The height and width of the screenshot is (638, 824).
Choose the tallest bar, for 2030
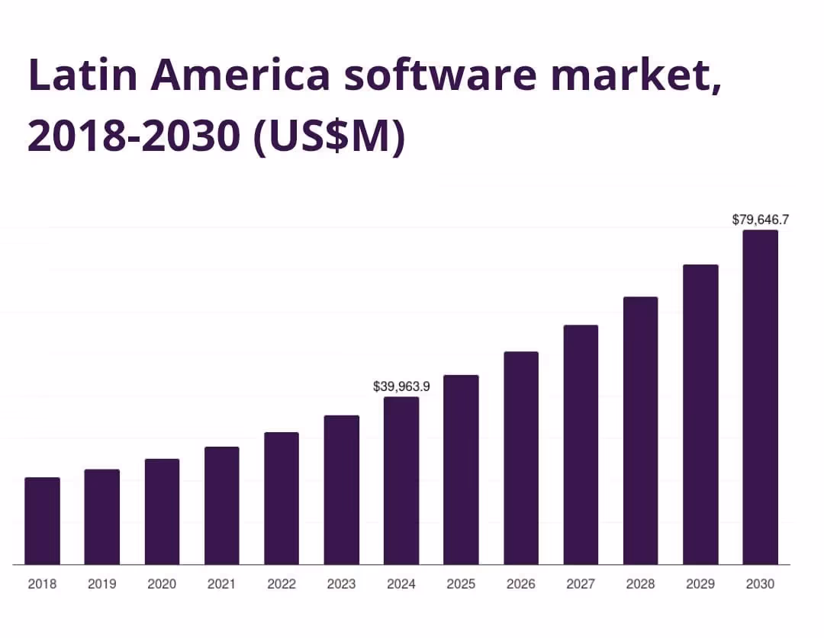(761, 397)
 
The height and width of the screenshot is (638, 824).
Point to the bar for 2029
(700, 415)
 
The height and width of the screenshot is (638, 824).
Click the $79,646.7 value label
(760, 220)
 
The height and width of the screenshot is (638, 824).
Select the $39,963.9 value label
(401, 386)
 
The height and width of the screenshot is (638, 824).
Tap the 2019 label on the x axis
(101, 584)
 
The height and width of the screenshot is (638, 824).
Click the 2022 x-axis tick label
(282, 584)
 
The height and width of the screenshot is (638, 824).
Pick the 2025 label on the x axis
(461, 584)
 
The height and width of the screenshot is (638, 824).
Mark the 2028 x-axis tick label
(640, 584)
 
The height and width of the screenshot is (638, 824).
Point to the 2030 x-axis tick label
(760, 584)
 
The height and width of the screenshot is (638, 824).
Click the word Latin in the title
(81, 75)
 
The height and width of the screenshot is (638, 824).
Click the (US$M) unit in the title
(329, 136)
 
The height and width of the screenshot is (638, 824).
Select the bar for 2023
(342, 489)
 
